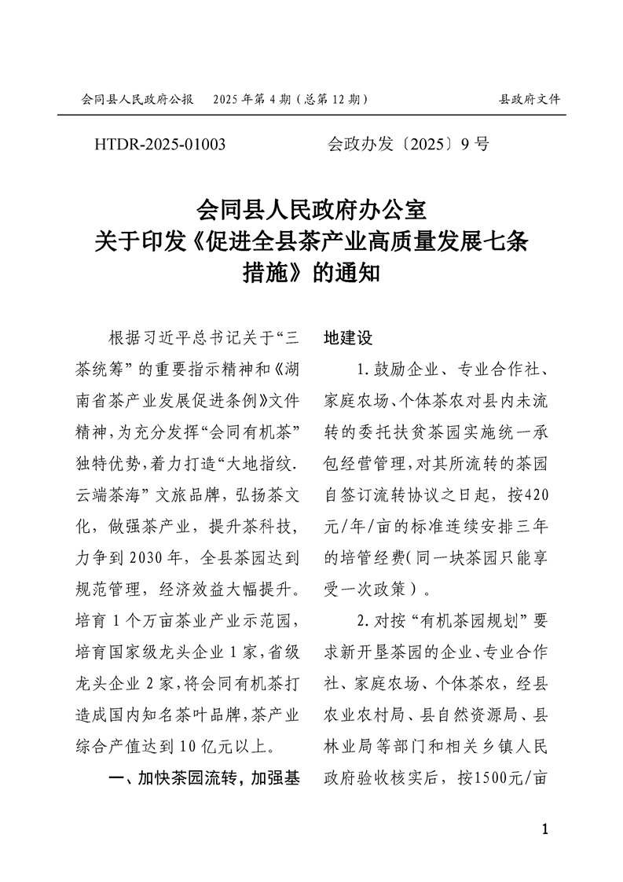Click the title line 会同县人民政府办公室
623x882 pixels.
311,211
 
